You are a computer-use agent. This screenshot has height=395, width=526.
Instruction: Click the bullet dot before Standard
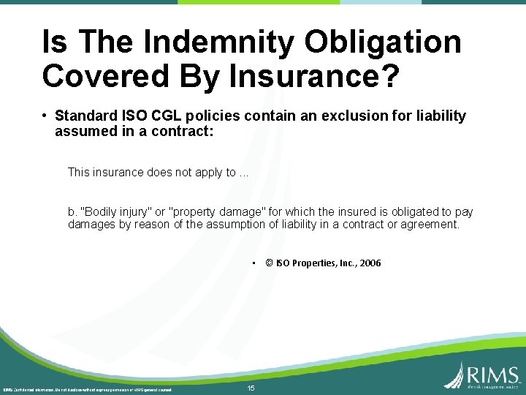pyautogui.click(x=45, y=116)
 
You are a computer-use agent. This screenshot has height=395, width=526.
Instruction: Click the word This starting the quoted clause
pyautogui.click(x=80, y=173)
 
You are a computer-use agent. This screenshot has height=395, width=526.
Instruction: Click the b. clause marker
pyautogui.click(x=72, y=212)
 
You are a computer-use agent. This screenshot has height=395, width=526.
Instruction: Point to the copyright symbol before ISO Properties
pyautogui.click(x=270, y=263)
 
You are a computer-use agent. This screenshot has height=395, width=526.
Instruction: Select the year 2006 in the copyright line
pyautogui.click(x=369, y=263)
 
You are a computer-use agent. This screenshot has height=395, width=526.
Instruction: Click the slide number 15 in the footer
pyautogui.click(x=251, y=388)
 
